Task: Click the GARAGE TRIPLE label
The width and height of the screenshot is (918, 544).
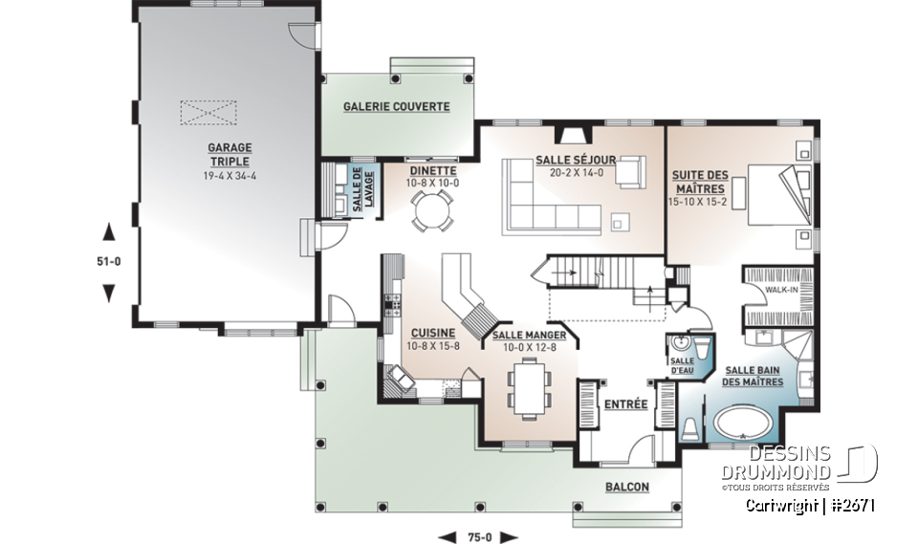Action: point(229,155)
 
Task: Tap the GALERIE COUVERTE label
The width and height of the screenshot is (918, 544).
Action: point(397,107)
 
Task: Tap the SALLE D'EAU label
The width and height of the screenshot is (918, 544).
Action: point(683,363)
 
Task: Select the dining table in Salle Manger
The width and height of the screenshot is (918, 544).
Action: point(528,388)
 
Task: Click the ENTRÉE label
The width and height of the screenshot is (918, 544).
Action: point(626,404)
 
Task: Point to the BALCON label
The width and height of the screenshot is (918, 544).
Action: point(626,487)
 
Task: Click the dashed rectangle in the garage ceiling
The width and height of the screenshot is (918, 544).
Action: point(208,112)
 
